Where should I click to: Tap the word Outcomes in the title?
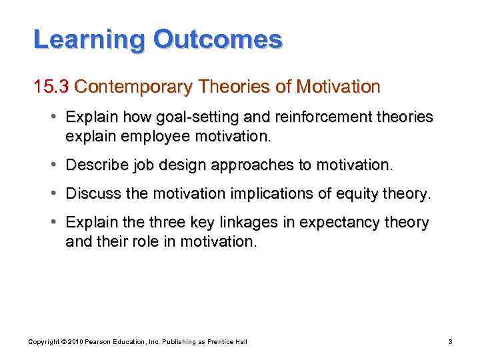coord(218,40)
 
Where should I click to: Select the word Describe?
coord(95,165)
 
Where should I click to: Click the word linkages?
coord(261,223)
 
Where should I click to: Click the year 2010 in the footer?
coord(71,341)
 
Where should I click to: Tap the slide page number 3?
coord(450,341)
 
